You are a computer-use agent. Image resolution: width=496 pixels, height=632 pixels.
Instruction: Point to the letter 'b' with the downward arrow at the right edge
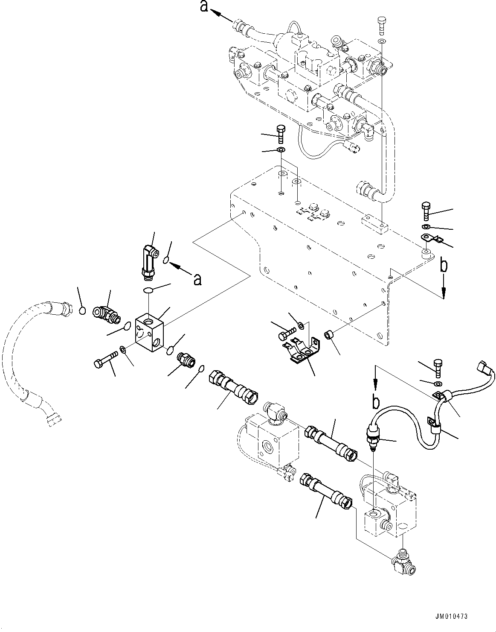444,266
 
